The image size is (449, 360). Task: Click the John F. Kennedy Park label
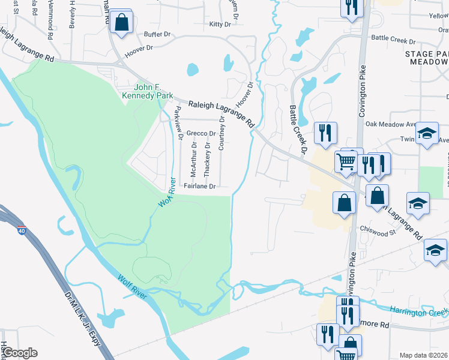coord(147,91)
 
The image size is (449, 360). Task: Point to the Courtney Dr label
coord(221,133)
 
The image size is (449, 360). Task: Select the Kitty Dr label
coord(220,25)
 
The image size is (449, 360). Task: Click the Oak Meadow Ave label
coord(391,124)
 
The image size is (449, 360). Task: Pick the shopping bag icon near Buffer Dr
coord(122,23)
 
